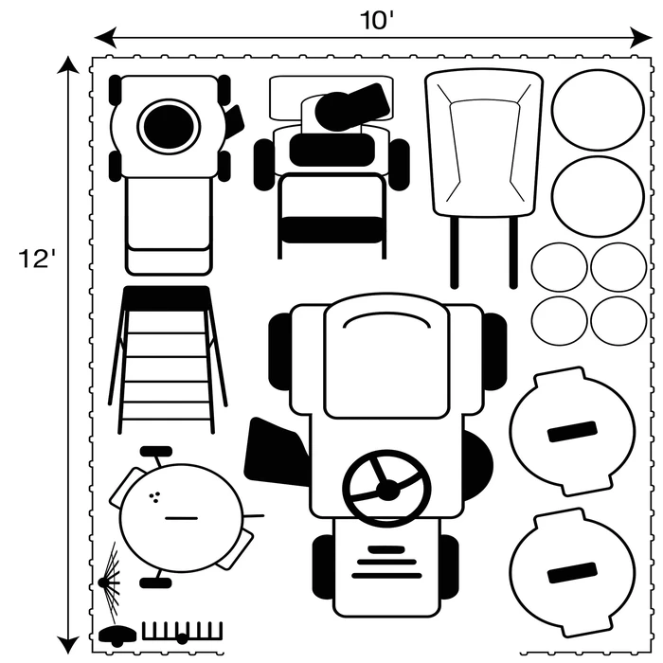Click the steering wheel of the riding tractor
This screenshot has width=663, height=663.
click(x=386, y=488)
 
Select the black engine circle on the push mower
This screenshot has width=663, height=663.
click(x=168, y=125)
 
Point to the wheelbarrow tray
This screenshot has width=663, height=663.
click(x=483, y=142)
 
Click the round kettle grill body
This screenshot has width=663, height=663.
click(x=180, y=517)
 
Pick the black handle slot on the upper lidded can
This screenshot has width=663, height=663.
click(x=570, y=432)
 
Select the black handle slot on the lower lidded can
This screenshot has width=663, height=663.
click(x=571, y=573)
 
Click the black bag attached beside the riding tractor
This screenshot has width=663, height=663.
click(x=277, y=453)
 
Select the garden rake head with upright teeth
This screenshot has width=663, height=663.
click(x=182, y=632)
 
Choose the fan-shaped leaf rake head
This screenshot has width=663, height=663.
click(x=111, y=568)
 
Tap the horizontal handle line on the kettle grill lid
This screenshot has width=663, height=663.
click(x=179, y=518)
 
